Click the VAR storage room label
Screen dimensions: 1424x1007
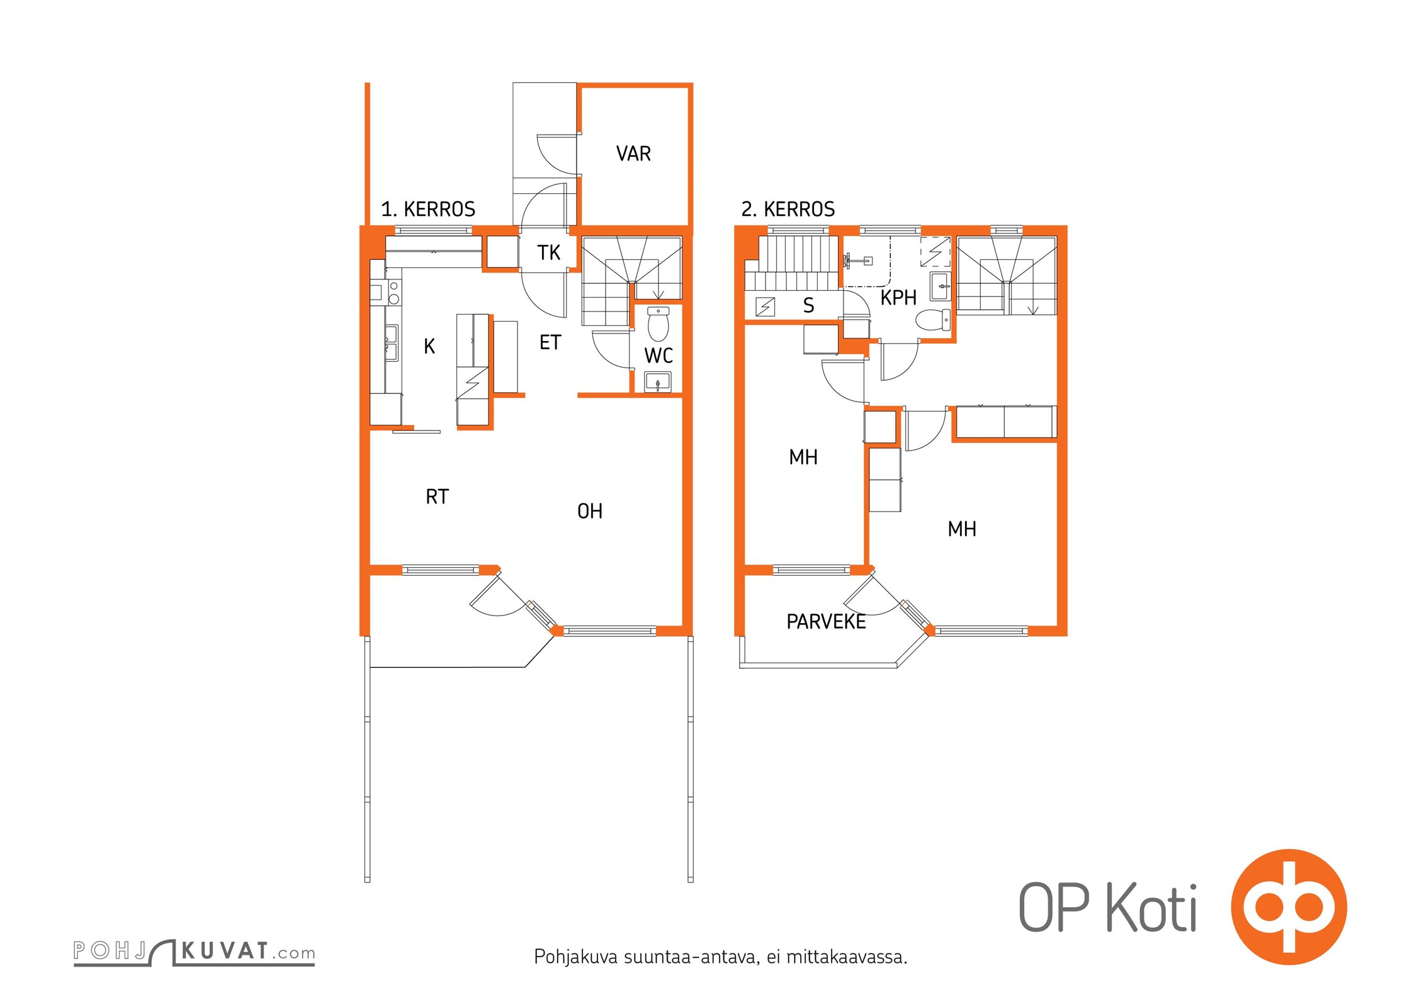pyautogui.click(x=633, y=154)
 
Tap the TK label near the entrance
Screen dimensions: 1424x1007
pyautogui.click(x=549, y=253)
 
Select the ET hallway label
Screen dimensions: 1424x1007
pyautogui.click(x=550, y=342)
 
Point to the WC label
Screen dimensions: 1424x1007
pyautogui.click(x=658, y=356)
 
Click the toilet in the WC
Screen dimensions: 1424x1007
pyautogui.click(x=658, y=323)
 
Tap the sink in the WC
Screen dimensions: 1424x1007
pyautogui.click(x=658, y=381)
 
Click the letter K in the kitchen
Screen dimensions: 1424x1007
pyautogui.click(x=429, y=346)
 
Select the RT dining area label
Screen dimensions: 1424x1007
pyautogui.click(x=437, y=497)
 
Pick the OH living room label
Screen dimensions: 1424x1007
pyautogui.click(x=590, y=511)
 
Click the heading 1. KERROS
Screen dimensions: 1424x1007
pyautogui.click(x=428, y=209)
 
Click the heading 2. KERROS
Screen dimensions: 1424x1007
pyautogui.click(x=788, y=209)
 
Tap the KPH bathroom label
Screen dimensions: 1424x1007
pyautogui.click(x=898, y=298)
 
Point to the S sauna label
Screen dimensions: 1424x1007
pyautogui.click(x=809, y=306)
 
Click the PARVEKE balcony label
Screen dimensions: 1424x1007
pyautogui.click(x=826, y=622)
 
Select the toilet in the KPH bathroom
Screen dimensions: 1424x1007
pyautogui.click(x=934, y=320)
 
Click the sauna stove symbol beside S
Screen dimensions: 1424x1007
pyautogui.click(x=765, y=307)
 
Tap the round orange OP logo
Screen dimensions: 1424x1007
pyautogui.click(x=1289, y=907)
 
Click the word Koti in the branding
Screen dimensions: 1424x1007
pyautogui.click(x=1152, y=907)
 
